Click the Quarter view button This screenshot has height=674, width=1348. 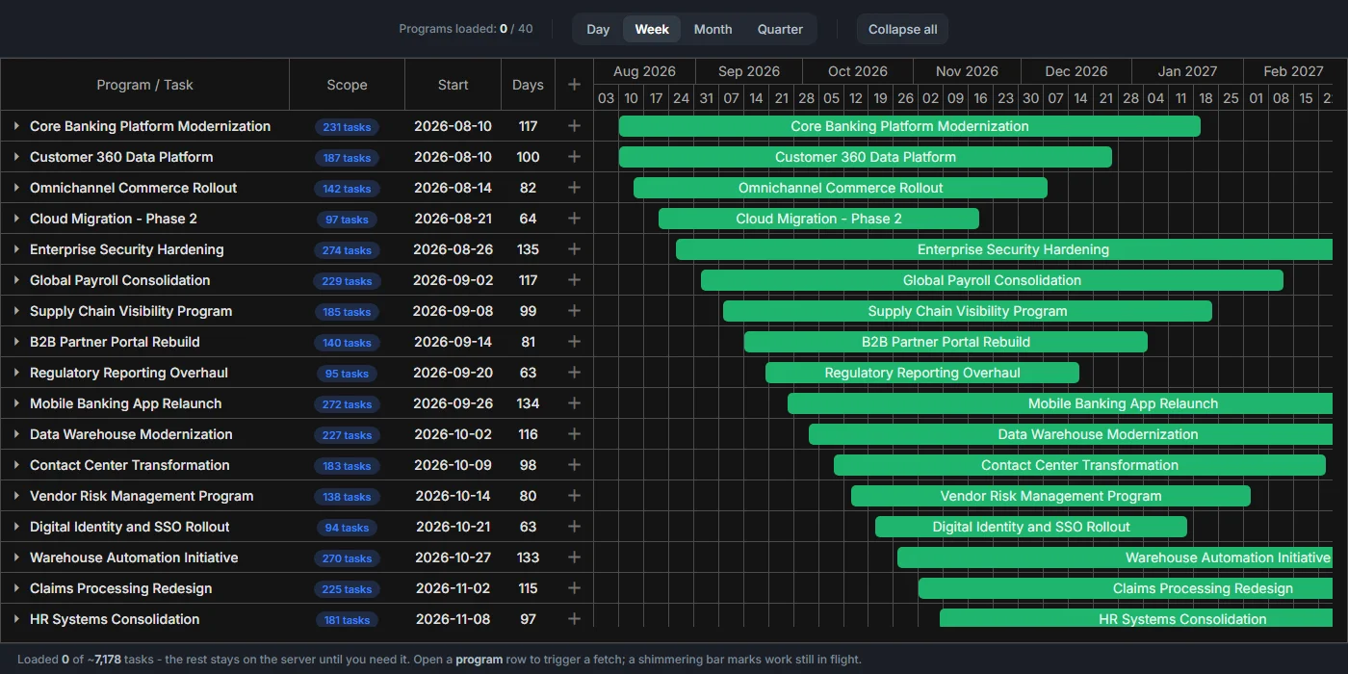pyautogui.click(x=780, y=29)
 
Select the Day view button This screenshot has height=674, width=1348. pyautogui.click(x=598, y=29)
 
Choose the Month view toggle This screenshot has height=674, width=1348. pyautogui.click(x=713, y=29)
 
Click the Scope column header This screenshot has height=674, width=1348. pyautogui.click(x=347, y=85)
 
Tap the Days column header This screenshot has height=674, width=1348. pyautogui.click(x=528, y=85)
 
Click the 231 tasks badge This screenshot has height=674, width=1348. pyautogui.click(x=347, y=127)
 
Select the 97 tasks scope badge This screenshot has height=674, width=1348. pyautogui.click(x=347, y=220)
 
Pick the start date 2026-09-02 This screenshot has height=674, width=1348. pyautogui.click(x=453, y=280)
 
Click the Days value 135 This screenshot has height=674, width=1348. pyautogui.click(x=528, y=249)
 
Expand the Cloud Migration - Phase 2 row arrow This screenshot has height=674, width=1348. pyautogui.click(x=16, y=219)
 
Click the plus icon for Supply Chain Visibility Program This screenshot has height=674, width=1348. pyautogui.click(x=574, y=311)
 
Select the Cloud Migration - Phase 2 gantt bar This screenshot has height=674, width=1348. pyautogui.click(x=818, y=219)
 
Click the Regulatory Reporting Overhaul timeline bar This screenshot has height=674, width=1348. pyautogui.click(x=922, y=373)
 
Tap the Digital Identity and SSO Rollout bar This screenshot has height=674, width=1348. pyautogui.click(x=1031, y=527)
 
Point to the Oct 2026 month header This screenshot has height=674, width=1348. pyautogui.click(x=858, y=71)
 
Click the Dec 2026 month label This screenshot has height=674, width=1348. pyautogui.click(x=1076, y=71)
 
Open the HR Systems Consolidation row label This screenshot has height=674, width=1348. pyautogui.click(x=115, y=619)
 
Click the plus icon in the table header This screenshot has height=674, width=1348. pyautogui.click(x=574, y=85)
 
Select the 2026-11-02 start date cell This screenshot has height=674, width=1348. pyautogui.click(x=453, y=588)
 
